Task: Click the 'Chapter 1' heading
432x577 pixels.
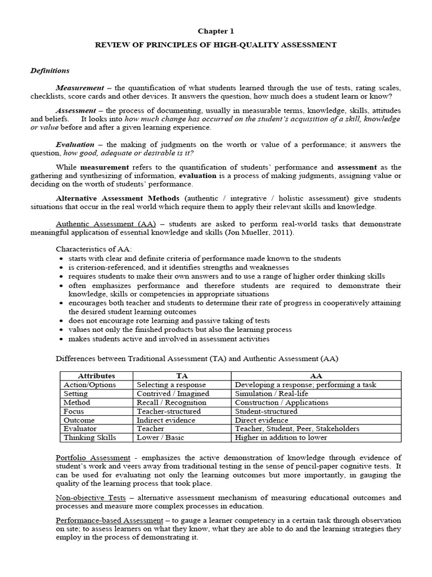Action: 216,33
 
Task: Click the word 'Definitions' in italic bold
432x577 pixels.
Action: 49,71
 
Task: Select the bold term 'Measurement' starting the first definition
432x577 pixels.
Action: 80,88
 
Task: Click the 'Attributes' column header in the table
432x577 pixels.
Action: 96,376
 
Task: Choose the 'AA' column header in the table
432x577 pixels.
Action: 316,376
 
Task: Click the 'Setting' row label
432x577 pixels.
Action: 75,394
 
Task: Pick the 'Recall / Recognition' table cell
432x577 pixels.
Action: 172,403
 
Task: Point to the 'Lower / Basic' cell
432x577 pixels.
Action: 160,438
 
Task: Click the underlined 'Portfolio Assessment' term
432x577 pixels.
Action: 93,458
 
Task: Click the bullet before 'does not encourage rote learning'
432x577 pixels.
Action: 60,320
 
